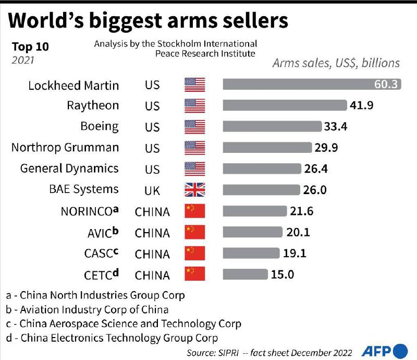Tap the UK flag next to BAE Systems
pos(195,190)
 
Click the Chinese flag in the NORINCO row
pos(195,211)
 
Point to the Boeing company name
pos(99,126)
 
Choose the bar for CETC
pos(245,274)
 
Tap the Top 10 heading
pos(30,46)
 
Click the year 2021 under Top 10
pos(23,60)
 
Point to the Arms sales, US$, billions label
pos(336,63)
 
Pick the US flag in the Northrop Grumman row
pos(195,148)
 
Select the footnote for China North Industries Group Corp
pos(95,295)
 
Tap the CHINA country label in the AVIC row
pos(152,233)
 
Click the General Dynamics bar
pos(262,169)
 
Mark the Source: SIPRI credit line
pos(269,353)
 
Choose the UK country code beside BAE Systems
pos(152,190)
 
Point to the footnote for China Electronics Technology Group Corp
pos(112,338)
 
